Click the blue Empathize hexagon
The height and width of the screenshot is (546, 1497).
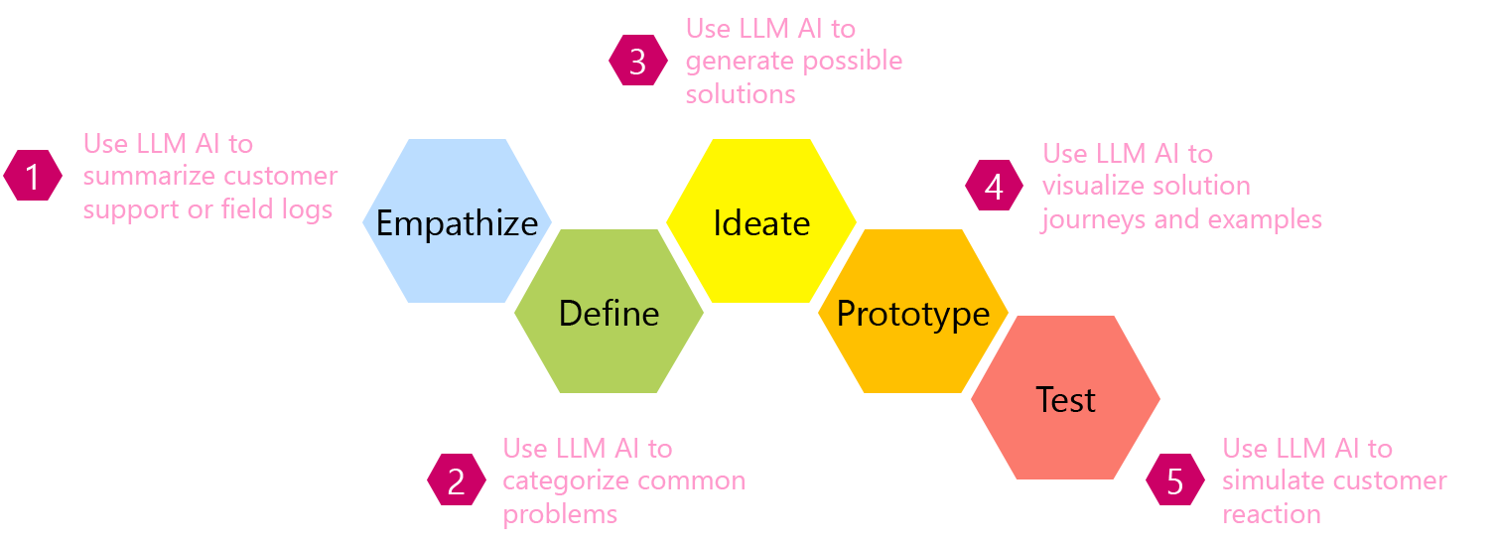pyautogui.click(x=457, y=221)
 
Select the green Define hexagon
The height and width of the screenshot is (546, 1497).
pyautogui.click(x=609, y=313)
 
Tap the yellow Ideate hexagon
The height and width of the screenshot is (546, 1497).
pyautogui.click(x=761, y=221)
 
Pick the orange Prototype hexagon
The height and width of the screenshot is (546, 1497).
pyautogui.click(x=913, y=313)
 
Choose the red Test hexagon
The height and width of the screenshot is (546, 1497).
pyautogui.click(x=1065, y=399)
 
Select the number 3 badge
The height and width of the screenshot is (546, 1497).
pyautogui.click(x=637, y=62)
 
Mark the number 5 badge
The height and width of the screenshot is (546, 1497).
pyautogui.click(x=1175, y=481)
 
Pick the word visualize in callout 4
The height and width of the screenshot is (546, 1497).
pyautogui.click(x=1098, y=186)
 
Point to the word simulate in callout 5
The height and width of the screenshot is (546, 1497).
pyautogui.click(x=1274, y=481)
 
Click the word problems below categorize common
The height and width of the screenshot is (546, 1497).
pyautogui.click(x=560, y=514)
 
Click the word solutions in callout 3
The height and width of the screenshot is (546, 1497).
pyautogui.click(x=741, y=94)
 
